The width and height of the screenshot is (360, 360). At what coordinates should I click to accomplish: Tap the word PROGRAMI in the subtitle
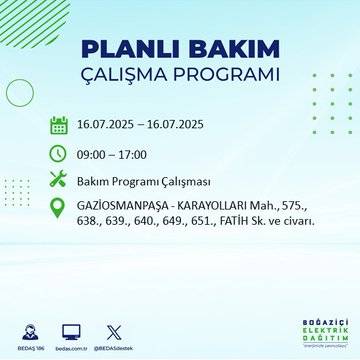click(231, 76)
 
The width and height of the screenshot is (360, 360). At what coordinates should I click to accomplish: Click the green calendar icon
click(58, 126)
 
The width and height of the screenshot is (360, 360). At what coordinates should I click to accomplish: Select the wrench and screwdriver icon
click(58, 181)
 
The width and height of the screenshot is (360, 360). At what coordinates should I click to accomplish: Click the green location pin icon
click(58, 211)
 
